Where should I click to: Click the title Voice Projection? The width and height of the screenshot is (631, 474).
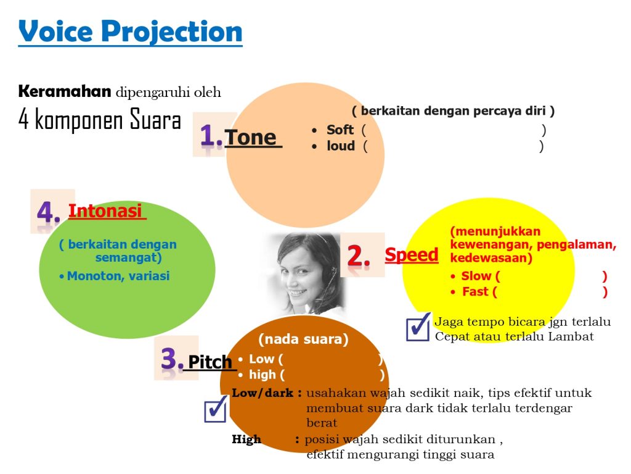(x=131, y=32)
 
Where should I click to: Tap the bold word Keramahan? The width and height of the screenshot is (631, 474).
(x=65, y=91)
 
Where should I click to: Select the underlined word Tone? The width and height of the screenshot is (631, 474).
(x=250, y=138)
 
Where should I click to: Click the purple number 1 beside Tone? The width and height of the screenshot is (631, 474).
(x=211, y=135)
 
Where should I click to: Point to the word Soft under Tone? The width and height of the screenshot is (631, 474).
(x=340, y=130)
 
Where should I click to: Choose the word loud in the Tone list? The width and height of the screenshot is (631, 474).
(x=340, y=146)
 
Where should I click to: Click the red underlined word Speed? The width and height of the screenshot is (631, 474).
(x=411, y=255)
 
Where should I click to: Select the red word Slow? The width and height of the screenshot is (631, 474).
(x=476, y=276)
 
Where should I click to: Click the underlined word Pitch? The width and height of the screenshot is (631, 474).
(x=210, y=362)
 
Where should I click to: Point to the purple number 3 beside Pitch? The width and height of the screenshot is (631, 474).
(x=172, y=359)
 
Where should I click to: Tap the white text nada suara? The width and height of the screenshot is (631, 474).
(x=303, y=339)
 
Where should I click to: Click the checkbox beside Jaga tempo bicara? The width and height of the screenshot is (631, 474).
(x=418, y=327)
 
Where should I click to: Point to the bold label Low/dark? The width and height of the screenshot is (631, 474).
(x=263, y=393)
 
